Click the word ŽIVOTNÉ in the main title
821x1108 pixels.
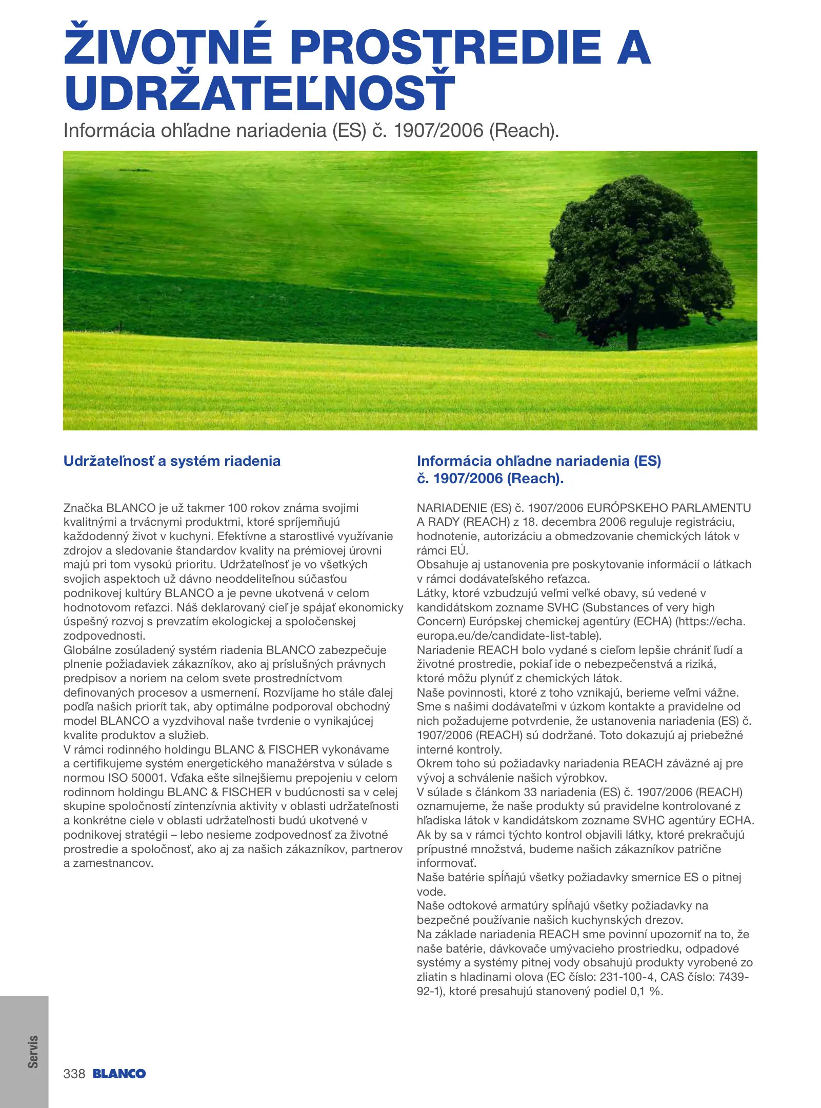click(x=168, y=47)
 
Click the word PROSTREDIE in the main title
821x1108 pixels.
click(x=446, y=47)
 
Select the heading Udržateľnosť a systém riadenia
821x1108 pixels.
click(x=172, y=461)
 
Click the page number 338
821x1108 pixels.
click(x=74, y=1074)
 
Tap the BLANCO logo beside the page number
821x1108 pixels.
click(x=119, y=1074)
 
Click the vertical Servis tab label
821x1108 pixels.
click(x=33, y=1052)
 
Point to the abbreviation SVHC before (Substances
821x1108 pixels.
click(x=563, y=608)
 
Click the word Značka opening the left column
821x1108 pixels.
click(x=83, y=508)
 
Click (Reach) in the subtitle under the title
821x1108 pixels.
click(x=523, y=131)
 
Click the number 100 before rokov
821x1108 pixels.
click(x=237, y=508)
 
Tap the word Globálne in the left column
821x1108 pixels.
click(x=87, y=650)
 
